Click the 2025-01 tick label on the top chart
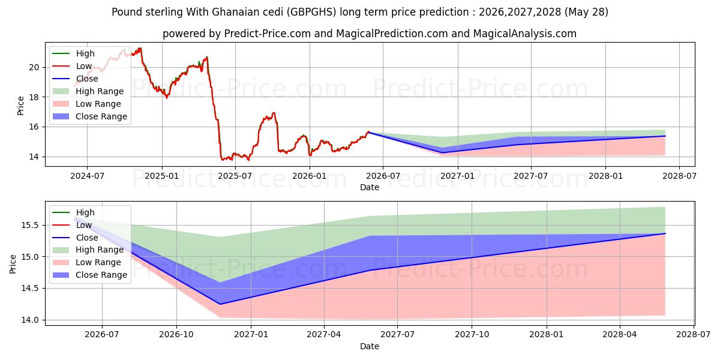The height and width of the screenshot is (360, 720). pyautogui.click(x=161, y=176)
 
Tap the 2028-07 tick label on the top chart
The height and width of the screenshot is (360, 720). pyautogui.click(x=679, y=176)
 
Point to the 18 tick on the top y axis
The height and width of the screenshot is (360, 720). pyautogui.click(x=34, y=97)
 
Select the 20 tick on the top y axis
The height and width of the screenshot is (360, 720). pyautogui.click(x=34, y=67)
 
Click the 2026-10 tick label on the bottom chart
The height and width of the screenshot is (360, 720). pyautogui.click(x=176, y=335)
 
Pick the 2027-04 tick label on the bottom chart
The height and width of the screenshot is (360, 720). pyautogui.click(x=323, y=335)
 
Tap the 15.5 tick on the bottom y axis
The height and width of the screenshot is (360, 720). pyautogui.click(x=30, y=226)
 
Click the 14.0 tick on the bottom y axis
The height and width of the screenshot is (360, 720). pyautogui.click(x=30, y=320)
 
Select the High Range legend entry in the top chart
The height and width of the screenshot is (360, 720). pyautogui.click(x=88, y=91)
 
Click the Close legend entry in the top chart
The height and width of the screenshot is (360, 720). pyautogui.click(x=75, y=79)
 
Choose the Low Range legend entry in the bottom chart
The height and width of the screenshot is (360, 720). pyautogui.click(x=87, y=263)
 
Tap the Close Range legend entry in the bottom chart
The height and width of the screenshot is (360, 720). pyautogui.click(x=89, y=275)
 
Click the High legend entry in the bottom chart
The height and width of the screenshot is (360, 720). pyautogui.click(x=73, y=212)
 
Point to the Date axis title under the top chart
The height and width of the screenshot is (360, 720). pyautogui.click(x=370, y=187)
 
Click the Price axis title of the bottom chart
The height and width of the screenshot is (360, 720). pyautogui.click(x=13, y=264)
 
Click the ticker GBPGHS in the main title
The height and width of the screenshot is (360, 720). pyautogui.click(x=311, y=12)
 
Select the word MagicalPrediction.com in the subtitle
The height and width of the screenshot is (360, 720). pyautogui.click(x=392, y=34)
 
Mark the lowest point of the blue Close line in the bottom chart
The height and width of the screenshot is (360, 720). pyautogui.click(x=220, y=304)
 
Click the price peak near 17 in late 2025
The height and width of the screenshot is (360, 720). pyautogui.click(x=274, y=113)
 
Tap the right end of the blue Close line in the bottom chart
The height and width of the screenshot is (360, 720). pyautogui.click(x=665, y=233)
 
